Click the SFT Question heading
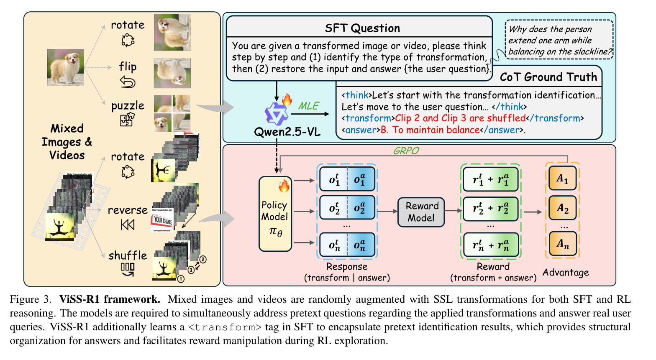[362, 28]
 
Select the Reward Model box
[422, 212]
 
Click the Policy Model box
[274, 214]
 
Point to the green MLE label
[308, 106]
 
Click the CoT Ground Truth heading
[548, 77]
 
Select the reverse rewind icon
[128, 225]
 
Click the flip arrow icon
[128, 82]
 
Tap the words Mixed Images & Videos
[67, 142]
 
